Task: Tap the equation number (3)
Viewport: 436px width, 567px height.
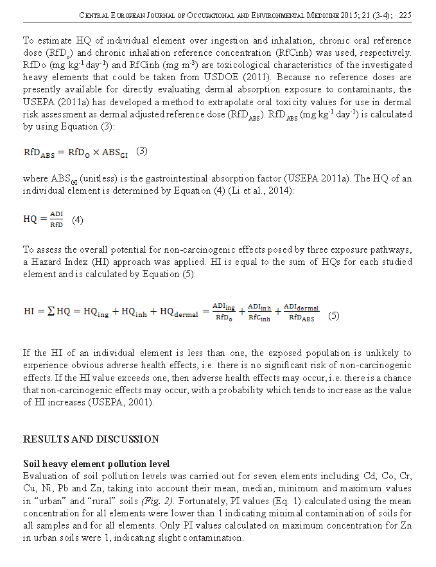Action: pos(142,151)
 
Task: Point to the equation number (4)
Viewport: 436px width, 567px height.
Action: pos(77,219)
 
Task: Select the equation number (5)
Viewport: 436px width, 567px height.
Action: pos(334,316)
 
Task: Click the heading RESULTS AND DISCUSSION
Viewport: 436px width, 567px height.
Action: pos(91,439)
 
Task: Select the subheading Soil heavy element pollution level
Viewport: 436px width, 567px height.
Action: pos(97,464)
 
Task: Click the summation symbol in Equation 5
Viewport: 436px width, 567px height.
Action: pos(50,311)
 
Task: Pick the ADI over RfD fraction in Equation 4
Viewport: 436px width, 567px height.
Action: pos(57,219)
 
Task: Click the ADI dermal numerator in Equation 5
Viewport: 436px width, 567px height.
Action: pos(301,307)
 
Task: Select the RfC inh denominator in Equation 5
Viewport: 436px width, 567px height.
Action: pos(260,317)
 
